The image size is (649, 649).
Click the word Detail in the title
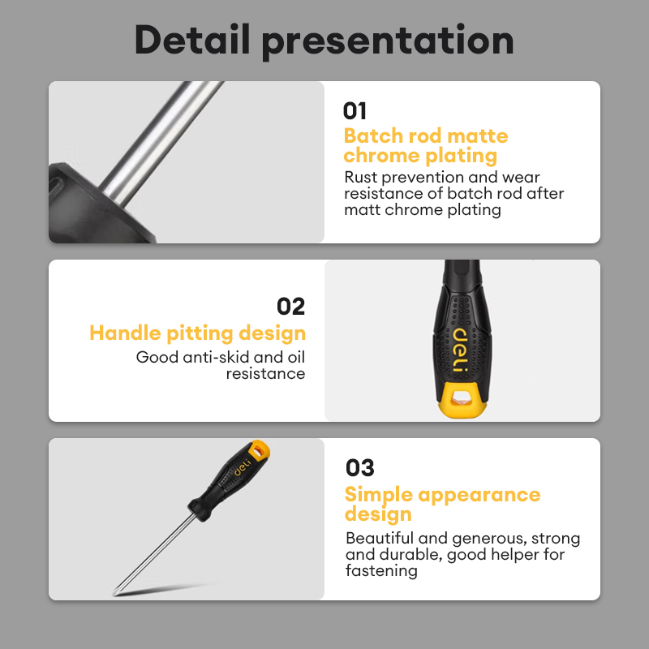click(x=192, y=39)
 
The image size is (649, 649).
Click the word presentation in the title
click(x=388, y=42)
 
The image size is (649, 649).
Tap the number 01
click(x=355, y=111)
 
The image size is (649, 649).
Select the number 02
click(x=290, y=307)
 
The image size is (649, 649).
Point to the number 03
click(x=359, y=468)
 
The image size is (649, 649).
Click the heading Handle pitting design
click(x=197, y=333)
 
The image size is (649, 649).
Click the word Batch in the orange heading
click(x=373, y=135)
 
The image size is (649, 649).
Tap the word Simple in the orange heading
click(x=378, y=495)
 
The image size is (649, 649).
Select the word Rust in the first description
click(x=360, y=177)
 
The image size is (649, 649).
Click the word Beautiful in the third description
click(x=379, y=538)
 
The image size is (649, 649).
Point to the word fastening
click(x=381, y=571)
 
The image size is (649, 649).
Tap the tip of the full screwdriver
click(x=114, y=595)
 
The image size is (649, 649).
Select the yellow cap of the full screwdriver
click(x=259, y=449)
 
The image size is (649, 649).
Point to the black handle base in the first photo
click(x=95, y=205)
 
